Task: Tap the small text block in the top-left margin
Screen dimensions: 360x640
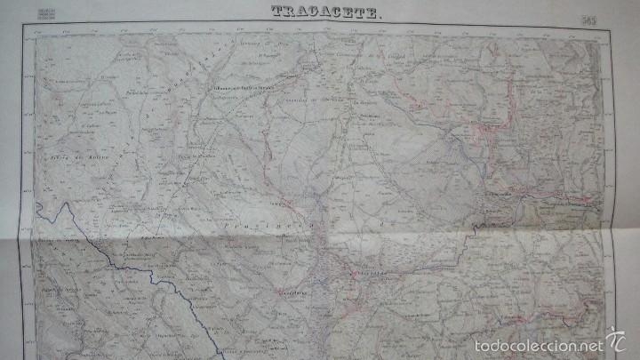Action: (46, 11)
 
